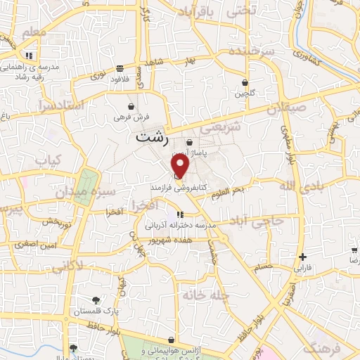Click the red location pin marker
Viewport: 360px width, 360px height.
181,166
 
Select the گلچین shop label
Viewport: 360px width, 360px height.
244,93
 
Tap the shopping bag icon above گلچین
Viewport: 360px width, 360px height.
245,82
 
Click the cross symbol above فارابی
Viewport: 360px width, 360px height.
302,257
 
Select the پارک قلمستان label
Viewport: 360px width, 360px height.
96,301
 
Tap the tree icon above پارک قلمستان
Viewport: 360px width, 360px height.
96,290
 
